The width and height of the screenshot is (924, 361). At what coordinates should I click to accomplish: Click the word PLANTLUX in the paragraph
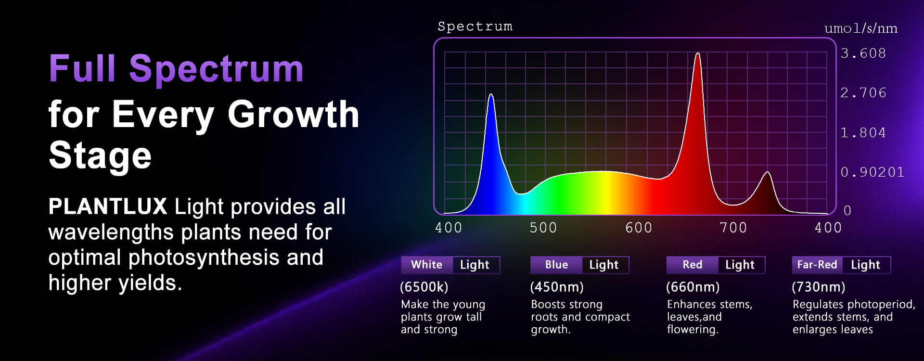point(108,206)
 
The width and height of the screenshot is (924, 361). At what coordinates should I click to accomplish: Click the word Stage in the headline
point(100,155)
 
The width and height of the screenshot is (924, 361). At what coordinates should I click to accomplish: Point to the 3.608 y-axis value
point(863,53)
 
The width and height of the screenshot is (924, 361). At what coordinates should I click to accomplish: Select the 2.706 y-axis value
point(863,93)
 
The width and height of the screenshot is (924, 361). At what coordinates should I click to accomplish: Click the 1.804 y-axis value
point(863,133)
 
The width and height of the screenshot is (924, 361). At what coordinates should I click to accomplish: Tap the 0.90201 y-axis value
point(872,172)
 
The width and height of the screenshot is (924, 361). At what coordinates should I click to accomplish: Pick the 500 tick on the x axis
point(543,228)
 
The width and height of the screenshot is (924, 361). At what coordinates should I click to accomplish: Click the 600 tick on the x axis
point(639,228)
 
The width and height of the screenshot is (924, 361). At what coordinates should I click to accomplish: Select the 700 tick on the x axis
point(733,228)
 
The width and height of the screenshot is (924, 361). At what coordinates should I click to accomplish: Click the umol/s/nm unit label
point(860,29)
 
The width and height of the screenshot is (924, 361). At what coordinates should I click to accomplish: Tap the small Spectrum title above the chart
point(475,27)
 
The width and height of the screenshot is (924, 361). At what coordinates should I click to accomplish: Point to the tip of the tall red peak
point(697,53)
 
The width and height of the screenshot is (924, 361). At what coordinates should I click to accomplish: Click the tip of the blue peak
point(491,94)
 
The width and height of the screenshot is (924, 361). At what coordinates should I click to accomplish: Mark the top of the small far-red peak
point(767,172)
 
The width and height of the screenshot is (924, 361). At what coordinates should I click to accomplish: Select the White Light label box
point(450,265)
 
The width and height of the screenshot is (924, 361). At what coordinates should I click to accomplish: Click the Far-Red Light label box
point(841,265)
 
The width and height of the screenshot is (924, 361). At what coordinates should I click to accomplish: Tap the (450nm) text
point(557,287)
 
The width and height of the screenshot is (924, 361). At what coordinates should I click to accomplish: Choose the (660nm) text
point(693,287)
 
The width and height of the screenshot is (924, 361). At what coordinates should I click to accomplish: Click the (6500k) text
point(424,287)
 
